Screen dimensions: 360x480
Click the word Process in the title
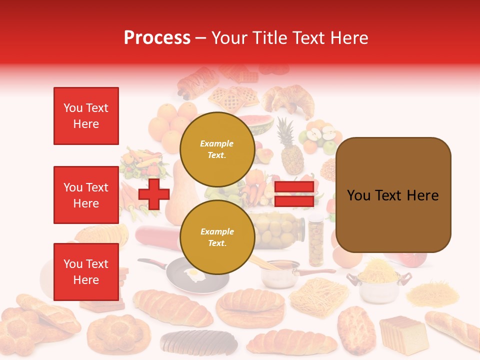(x=157, y=38)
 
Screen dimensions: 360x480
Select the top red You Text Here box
(x=86, y=116)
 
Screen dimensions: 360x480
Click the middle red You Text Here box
(x=86, y=195)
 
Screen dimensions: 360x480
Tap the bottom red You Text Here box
(x=86, y=271)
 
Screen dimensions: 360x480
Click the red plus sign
(x=154, y=194)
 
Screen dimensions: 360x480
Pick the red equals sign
(x=294, y=194)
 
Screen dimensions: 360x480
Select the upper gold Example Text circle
(x=217, y=149)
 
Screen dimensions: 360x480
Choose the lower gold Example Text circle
(x=217, y=237)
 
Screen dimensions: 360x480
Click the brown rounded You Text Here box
(x=393, y=195)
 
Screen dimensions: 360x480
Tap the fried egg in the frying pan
(x=193, y=273)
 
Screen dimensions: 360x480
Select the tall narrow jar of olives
(x=315, y=240)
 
